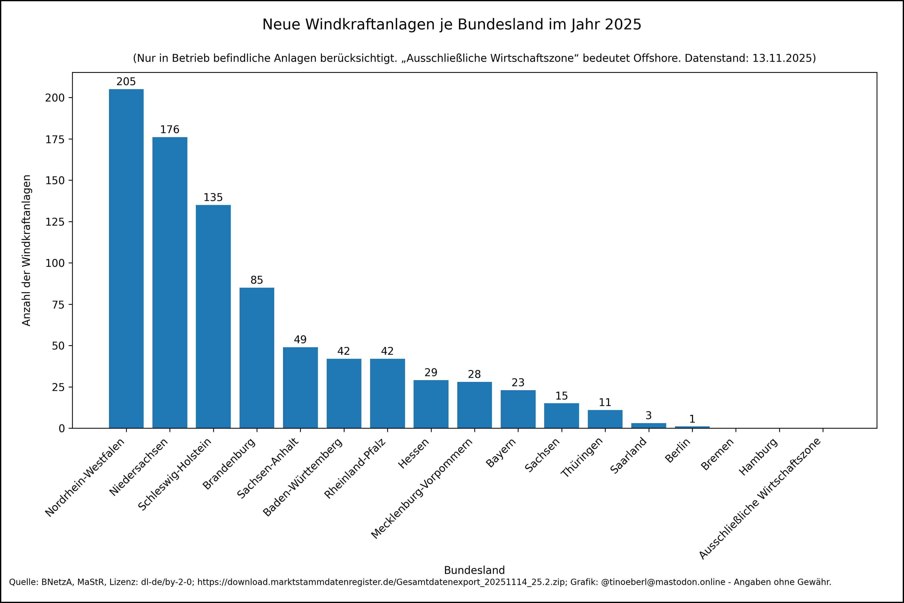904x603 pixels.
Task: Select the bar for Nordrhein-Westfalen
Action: (126, 259)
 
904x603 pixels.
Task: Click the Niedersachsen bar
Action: (170, 282)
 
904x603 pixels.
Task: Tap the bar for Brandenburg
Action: (257, 358)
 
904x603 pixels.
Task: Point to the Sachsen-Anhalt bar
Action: (300, 388)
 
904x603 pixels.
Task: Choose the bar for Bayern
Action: (518, 409)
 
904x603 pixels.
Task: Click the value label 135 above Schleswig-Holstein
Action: (213, 197)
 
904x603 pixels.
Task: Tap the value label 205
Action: (126, 82)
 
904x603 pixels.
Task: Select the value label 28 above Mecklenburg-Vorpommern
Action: (474, 374)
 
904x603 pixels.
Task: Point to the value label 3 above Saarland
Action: (648, 415)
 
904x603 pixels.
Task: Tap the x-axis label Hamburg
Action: (758, 457)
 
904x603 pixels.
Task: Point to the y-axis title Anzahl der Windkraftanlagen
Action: (26, 250)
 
